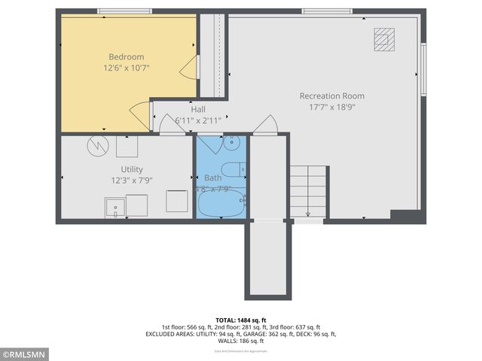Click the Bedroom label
[x=126, y=56]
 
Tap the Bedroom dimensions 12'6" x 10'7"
[x=126, y=68]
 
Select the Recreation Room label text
[x=331, y=96]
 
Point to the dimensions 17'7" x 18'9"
[x=331, y=107]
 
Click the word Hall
[x=198, y=109]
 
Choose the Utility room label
[x=131, y=169]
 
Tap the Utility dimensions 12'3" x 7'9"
[x=131, y=180]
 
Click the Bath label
[x=212, y=178]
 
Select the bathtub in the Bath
[x=221, y=203]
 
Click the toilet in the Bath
[x=231, y=168]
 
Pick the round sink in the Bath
[x=233, y=141]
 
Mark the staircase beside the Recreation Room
[x=309, y=192]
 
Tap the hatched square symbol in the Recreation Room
[x=384, y=38]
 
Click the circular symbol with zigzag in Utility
[x=96, y=145]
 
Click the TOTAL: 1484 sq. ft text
[x=241, y=320]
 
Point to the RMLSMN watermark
[x=25, y=353]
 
